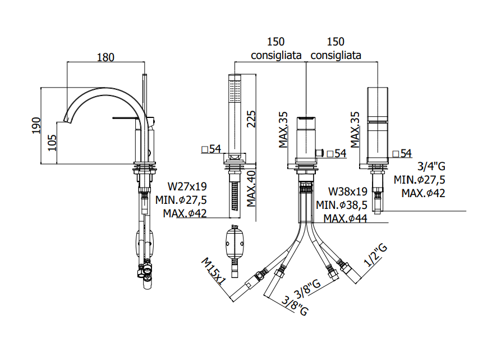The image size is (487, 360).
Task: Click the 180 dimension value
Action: click(x=105, y=57)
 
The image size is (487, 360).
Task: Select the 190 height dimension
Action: click(x=36, y=126)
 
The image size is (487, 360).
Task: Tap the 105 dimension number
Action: click(x=52, y=143)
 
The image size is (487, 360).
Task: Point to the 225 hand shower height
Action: click(x=251, y=119)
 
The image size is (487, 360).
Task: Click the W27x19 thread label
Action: click(x=187, y=186)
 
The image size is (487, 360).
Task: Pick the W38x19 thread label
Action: click(x=348, y=192)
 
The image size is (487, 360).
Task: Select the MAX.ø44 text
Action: click(x=346, y=218)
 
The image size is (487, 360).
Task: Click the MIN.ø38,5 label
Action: click(x=342, y=205)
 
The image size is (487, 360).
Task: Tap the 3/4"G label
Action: click(x=431, y=166)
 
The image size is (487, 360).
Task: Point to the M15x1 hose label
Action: click(x=214, y=271)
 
